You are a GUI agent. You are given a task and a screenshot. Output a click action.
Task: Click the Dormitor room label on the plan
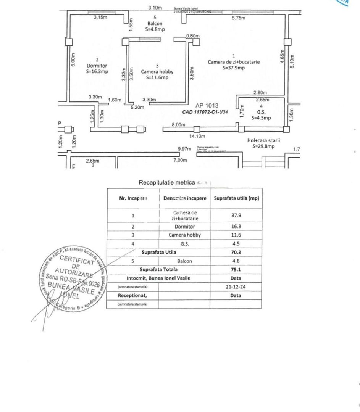[x=97, y=66]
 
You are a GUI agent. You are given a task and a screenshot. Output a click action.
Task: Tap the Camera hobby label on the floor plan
[x=157, y=72]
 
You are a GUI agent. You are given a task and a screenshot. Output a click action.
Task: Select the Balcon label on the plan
[x=155, y=23]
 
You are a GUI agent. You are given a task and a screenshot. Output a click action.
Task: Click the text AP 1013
[x=207, y=106]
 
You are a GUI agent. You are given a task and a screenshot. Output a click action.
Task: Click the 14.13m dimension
[x=198, y=136]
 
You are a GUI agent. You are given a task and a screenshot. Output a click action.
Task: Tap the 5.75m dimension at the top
[x=238, y=18]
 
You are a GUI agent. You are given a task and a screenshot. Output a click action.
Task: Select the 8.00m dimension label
[x=178, y=125]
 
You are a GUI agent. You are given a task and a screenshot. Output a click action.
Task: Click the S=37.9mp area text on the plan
[x=234, y=68]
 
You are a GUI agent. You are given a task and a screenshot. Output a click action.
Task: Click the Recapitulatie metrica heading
[x=167, y=183]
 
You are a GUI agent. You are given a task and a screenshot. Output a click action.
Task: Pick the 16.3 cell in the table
[x=237, y=227]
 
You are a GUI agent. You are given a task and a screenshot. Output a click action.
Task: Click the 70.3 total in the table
[x=237, y=252]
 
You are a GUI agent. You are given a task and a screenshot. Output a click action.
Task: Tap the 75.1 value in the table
[x=237, y=270]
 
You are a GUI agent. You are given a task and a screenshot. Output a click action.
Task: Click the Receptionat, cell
[x=132, y=295]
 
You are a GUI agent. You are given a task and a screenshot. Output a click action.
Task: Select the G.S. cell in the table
[x=184, y=244]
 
